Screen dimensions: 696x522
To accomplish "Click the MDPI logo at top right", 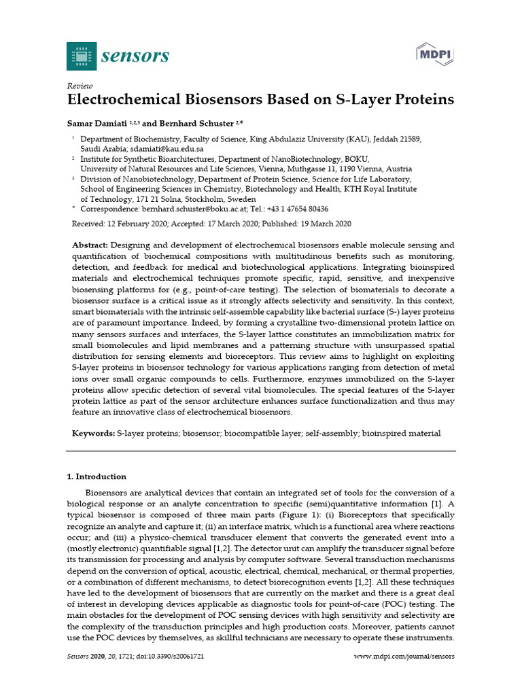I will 435,54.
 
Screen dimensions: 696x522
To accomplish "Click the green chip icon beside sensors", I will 81,56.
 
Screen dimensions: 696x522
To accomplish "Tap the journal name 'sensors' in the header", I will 135,56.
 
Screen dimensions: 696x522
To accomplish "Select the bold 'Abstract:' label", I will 90,245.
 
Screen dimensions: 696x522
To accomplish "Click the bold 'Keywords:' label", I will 93,433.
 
